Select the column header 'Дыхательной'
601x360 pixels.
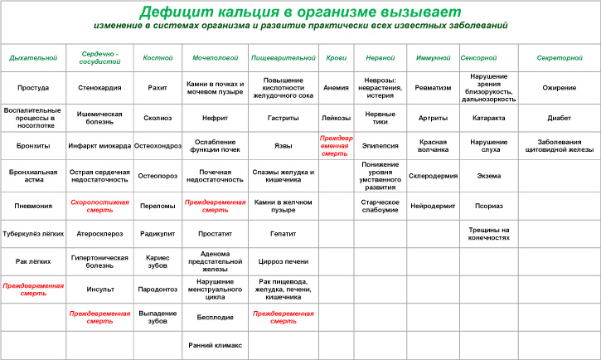33,58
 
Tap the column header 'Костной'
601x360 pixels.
158,58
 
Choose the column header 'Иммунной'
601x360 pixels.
432,58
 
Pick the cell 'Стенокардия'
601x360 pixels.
100,88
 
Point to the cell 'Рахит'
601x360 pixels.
158,88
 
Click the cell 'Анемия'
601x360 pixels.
336,88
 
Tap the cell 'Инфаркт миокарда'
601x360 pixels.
100,146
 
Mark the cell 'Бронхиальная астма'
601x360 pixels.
33,175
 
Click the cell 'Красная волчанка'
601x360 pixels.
433,146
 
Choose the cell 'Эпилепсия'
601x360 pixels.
380,146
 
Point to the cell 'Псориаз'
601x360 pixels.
488,205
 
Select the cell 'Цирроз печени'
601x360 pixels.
283,260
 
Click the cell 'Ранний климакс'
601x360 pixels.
215,345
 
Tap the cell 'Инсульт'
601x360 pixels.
100,289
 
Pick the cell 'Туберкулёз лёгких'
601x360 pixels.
33,234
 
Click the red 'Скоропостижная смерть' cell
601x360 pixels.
100,205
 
